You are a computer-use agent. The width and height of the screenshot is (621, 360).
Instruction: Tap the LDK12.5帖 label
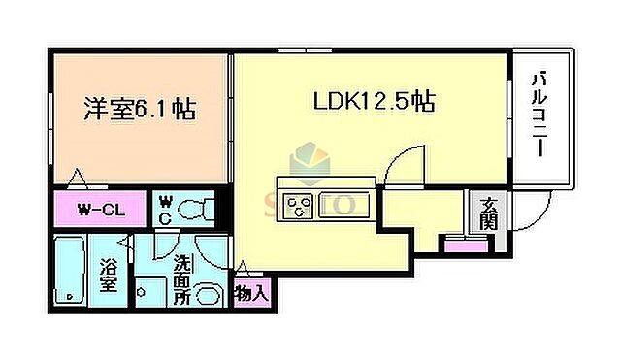(x=373, y=100)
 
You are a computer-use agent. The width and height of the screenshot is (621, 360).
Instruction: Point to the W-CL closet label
(x=98, y=208)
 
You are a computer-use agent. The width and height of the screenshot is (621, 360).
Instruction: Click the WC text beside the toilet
(x=164, y=208)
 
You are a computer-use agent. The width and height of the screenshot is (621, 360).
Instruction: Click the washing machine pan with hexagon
(x=147, y=289)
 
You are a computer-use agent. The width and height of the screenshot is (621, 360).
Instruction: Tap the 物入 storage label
(x=249, y=291)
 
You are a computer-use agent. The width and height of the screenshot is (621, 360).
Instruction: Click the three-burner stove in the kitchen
(x=297, y=205)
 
